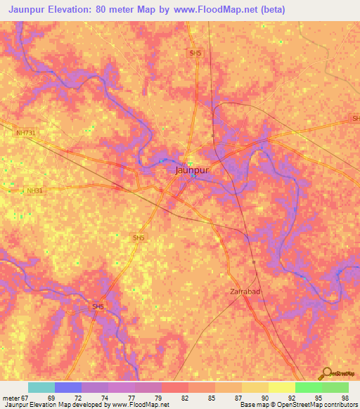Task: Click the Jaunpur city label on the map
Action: (x=192, y=169)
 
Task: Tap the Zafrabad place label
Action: (x=245, y=291)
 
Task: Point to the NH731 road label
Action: (x=25, y=132)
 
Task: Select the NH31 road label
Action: (x=34, y=190)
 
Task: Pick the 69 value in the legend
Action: (x=51, y=398)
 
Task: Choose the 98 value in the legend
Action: (x=344, y=398)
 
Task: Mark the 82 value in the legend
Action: (x=184, y=398)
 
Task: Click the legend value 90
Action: (x=265, y=398)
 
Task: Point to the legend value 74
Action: (x=104, y=398)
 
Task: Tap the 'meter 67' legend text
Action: (x=15, y=398)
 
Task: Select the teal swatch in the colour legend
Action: (x=41, y=387)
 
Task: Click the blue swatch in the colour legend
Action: (x=68, y=387)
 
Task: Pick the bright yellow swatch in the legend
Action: (x=282, y=387)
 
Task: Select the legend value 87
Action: (x=238, y=398)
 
